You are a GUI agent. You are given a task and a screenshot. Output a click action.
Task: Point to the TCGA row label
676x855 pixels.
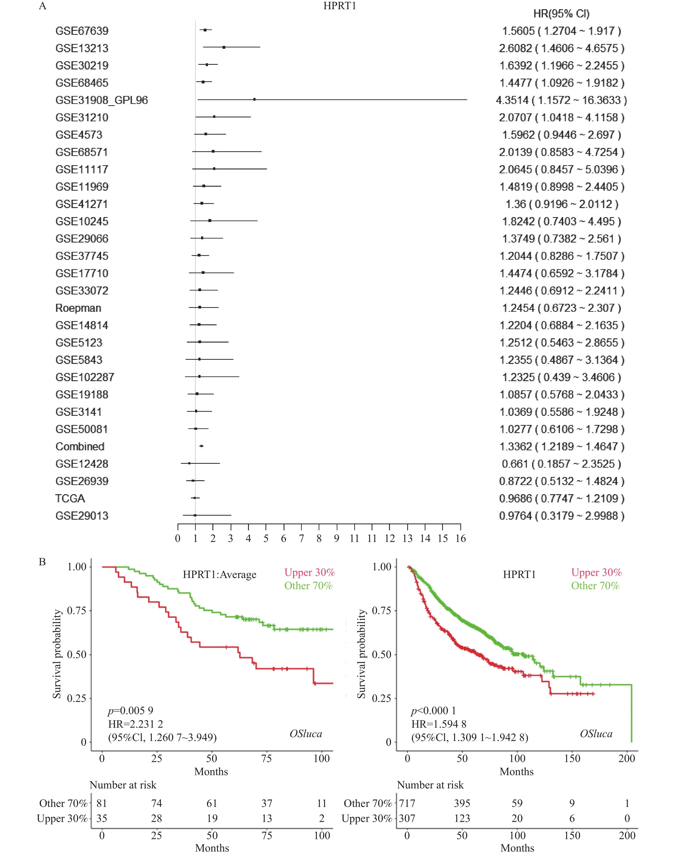[x=70, y=499]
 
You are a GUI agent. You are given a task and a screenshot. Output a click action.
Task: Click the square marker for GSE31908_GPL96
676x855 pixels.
[x=254, y=99]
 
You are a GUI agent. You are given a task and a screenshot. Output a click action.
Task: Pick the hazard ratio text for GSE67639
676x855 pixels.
[x=561, y=31]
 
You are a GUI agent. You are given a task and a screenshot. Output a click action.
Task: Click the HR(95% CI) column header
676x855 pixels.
[x=561, y=14]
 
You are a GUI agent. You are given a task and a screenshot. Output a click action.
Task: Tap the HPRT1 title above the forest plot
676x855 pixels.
[x=339, y=6]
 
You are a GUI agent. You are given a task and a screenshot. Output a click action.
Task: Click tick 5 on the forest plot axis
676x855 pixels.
[x=266, y=539]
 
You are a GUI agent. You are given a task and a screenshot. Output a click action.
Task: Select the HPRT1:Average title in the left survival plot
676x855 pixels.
[x=219, y=575]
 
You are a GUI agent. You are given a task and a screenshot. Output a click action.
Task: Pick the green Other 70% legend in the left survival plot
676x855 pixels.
[x=308, y=586]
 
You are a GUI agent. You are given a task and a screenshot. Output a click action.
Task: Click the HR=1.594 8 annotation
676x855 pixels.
[x=438, y=724]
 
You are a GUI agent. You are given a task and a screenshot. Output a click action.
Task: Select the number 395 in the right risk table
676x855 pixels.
[x=462, y=803]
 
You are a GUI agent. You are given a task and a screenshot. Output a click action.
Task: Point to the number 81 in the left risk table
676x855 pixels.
[x=102, y=803]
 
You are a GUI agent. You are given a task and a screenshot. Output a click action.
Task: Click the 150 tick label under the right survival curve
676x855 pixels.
[x=572, y=758]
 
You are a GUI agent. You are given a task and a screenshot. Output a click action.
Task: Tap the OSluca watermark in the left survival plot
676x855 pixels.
[x=306, y=734]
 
